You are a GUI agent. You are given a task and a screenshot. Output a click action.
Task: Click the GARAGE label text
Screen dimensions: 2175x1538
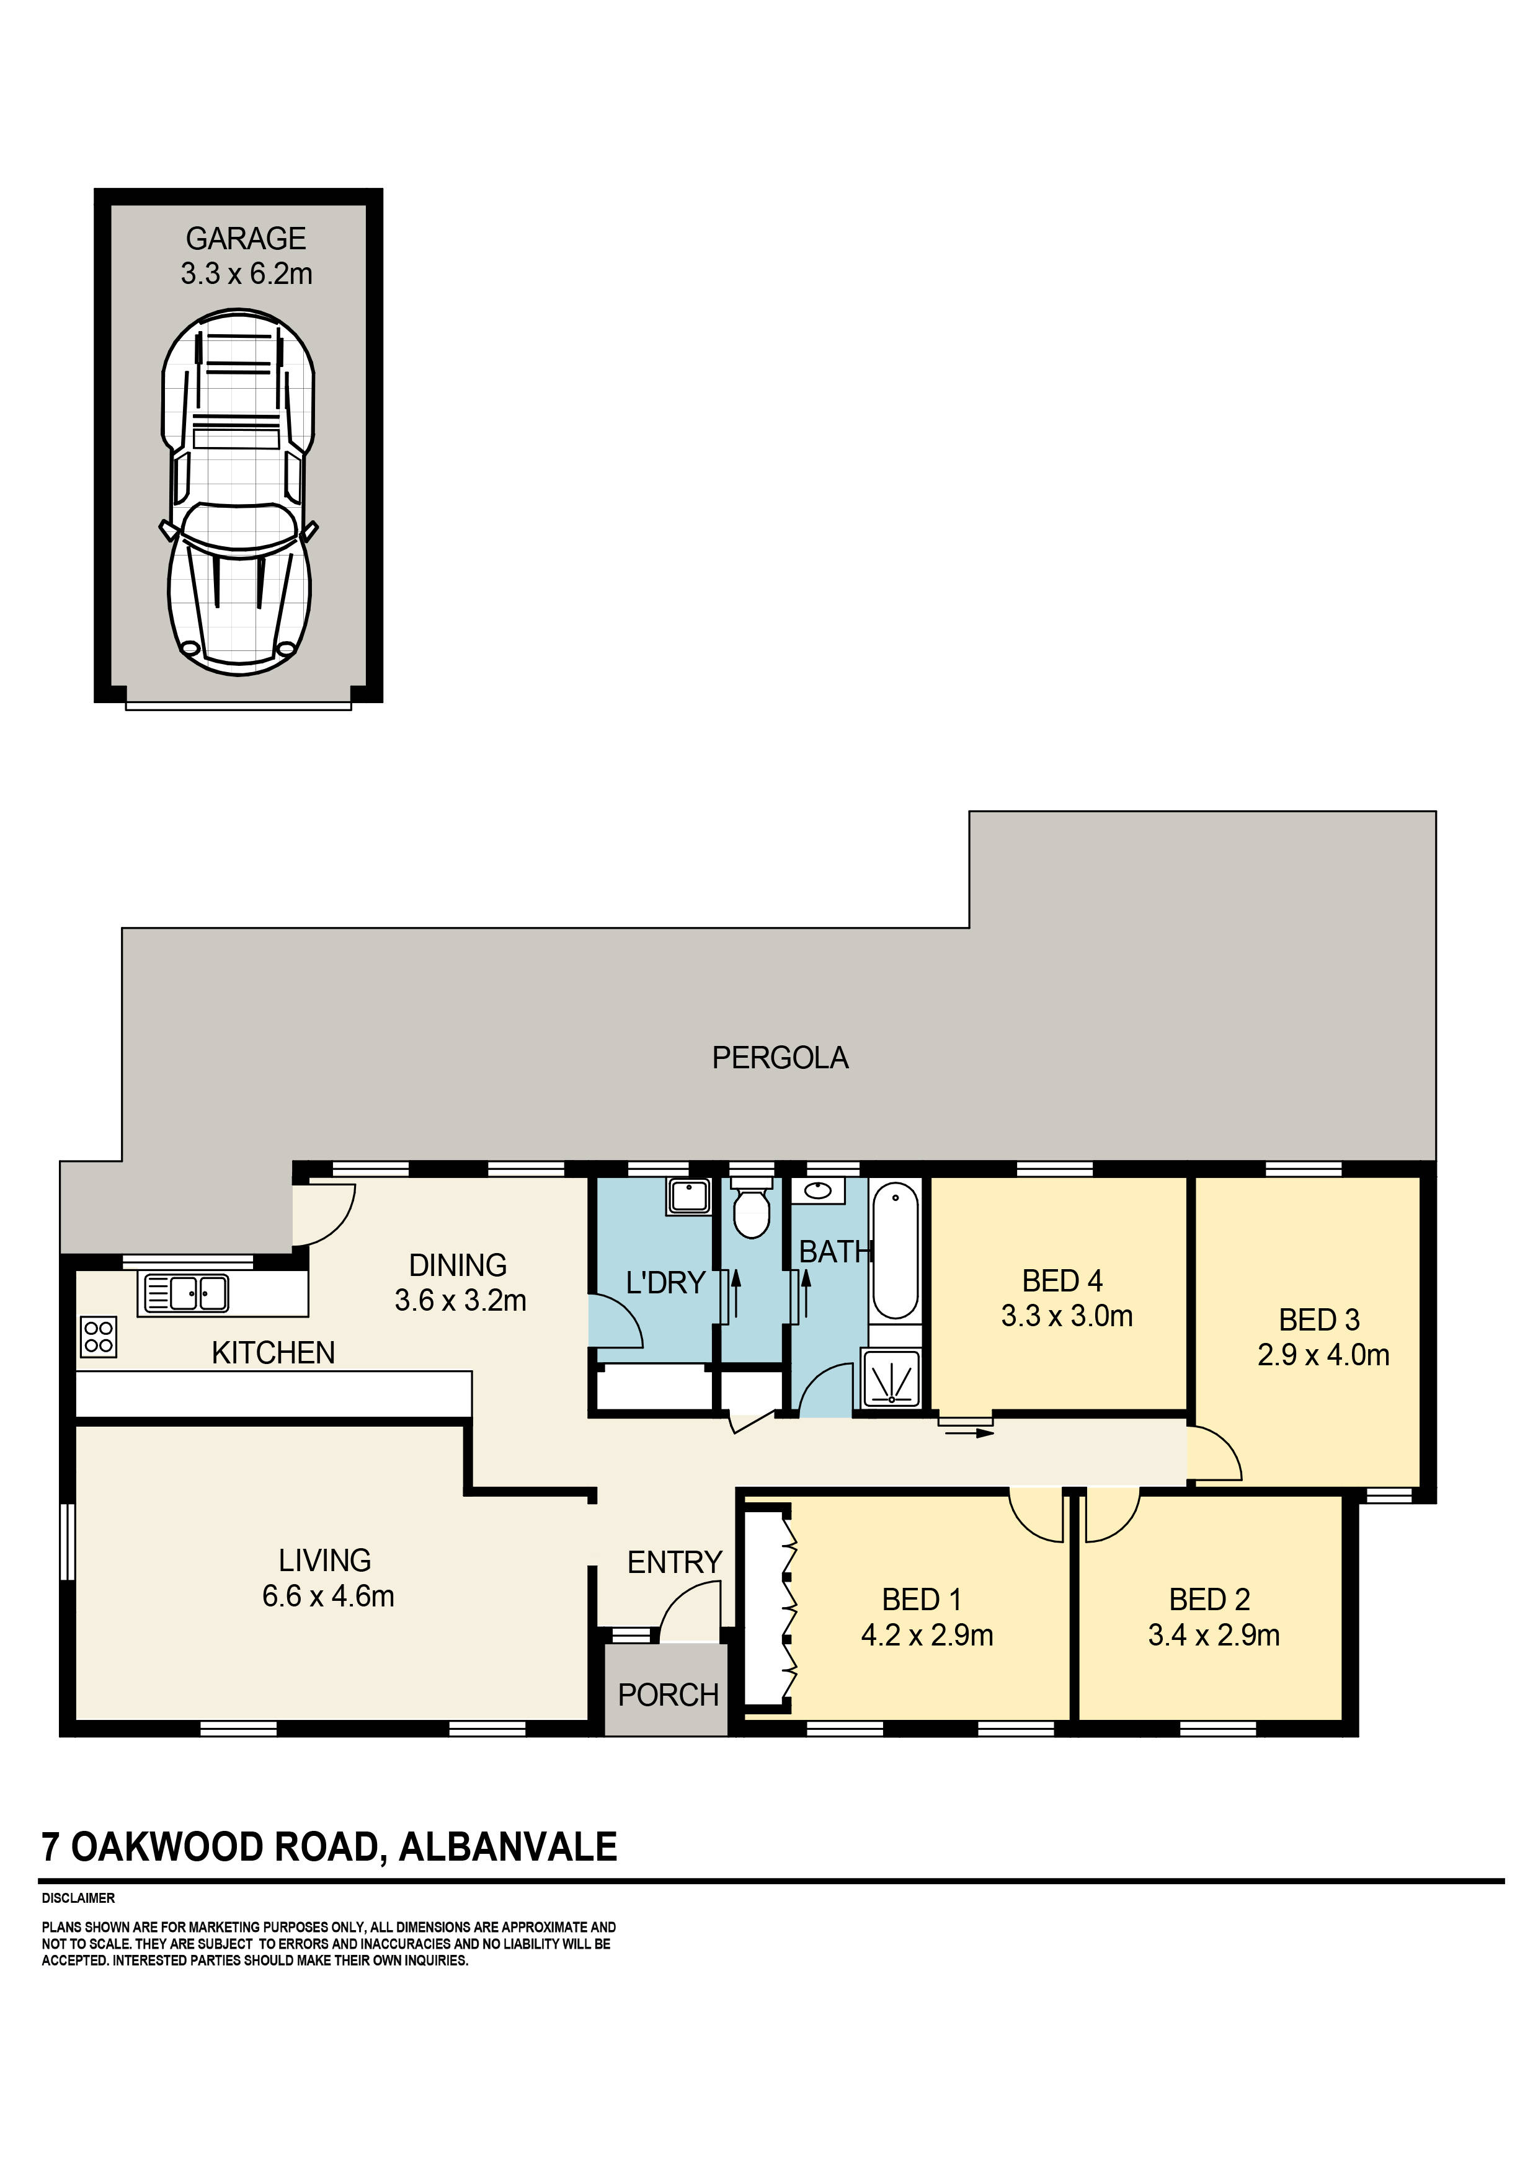tap(246, 239)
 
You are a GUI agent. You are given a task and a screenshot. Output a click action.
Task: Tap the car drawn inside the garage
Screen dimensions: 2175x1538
tap(239, 492)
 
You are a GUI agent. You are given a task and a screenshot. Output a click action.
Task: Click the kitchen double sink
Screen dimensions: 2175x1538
tap(185, 1294)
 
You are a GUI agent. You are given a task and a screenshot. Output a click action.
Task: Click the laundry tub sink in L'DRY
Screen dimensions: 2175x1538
tap(689, 1197)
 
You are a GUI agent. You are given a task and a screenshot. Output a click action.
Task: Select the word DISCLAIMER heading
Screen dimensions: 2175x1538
tap(79, 1898)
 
